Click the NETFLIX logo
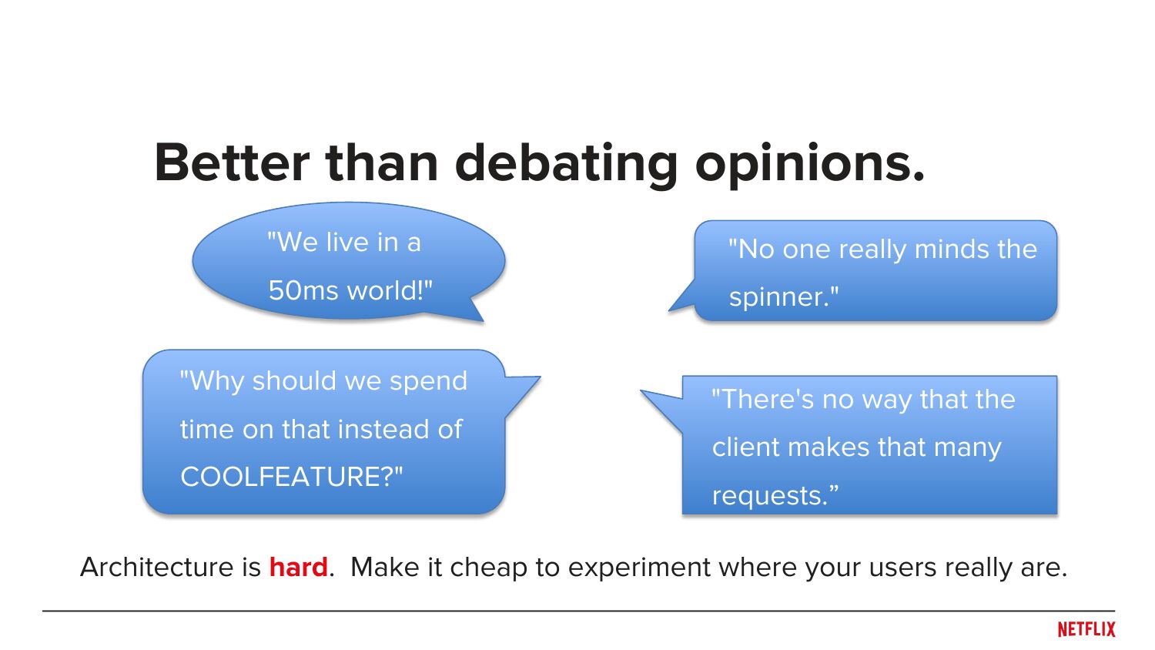pyautogui.click(x=1086, y=629)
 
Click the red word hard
pyautogui.click(x=299, y=567)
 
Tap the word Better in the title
pyautogui.click(x=232, y=162)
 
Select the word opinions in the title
pyautogui.click(x=809, y=165)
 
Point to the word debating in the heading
pyautogui.click(x=566, y=165)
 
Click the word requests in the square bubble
pyautogui.click(x=766, y=496)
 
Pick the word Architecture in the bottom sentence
pyautogui.click(x=157, y=567)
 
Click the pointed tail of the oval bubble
pyautogui.click(x=477, y=313)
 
